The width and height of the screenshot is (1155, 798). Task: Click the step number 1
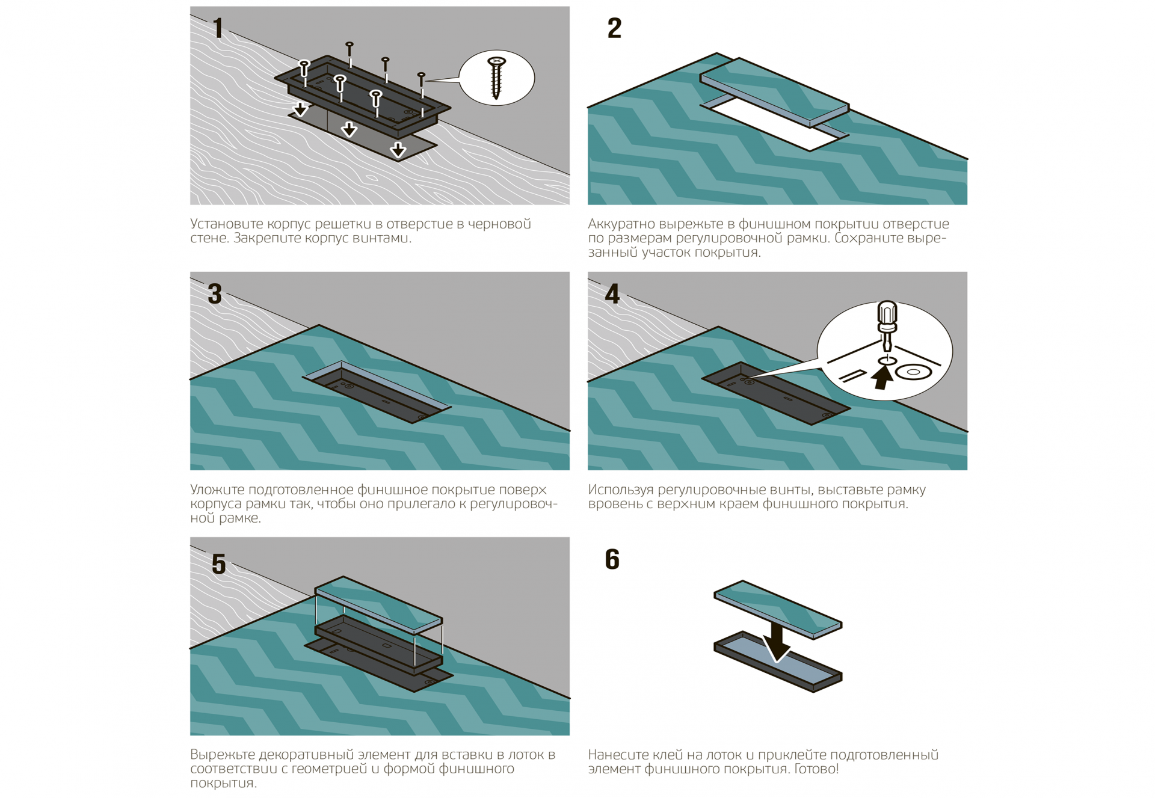(218, 28)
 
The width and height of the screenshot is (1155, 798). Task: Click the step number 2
(614, 28)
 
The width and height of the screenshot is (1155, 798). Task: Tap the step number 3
(215, 294)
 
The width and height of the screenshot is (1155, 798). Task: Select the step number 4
(612, 294)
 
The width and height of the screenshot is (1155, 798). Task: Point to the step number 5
(218, 564)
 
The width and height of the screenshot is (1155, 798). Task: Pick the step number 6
(612, 559)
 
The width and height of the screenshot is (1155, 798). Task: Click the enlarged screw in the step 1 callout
(496, 78)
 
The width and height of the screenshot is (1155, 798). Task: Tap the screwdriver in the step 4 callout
(887, 325)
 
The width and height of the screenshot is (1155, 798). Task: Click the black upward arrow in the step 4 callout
(882, 378)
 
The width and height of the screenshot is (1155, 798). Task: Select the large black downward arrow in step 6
(777, 642)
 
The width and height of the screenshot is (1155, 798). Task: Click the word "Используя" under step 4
(620, 490)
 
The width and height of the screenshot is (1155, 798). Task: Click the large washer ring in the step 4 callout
(913, 372)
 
